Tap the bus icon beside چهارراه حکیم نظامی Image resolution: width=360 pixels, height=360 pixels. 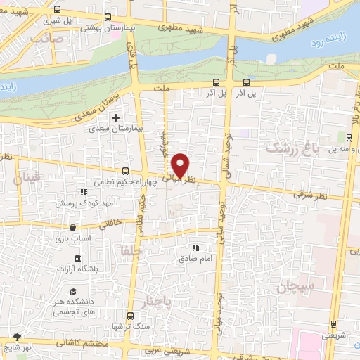tap(125, 171)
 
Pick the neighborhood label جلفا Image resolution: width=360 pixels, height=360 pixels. tap(131, 250)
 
